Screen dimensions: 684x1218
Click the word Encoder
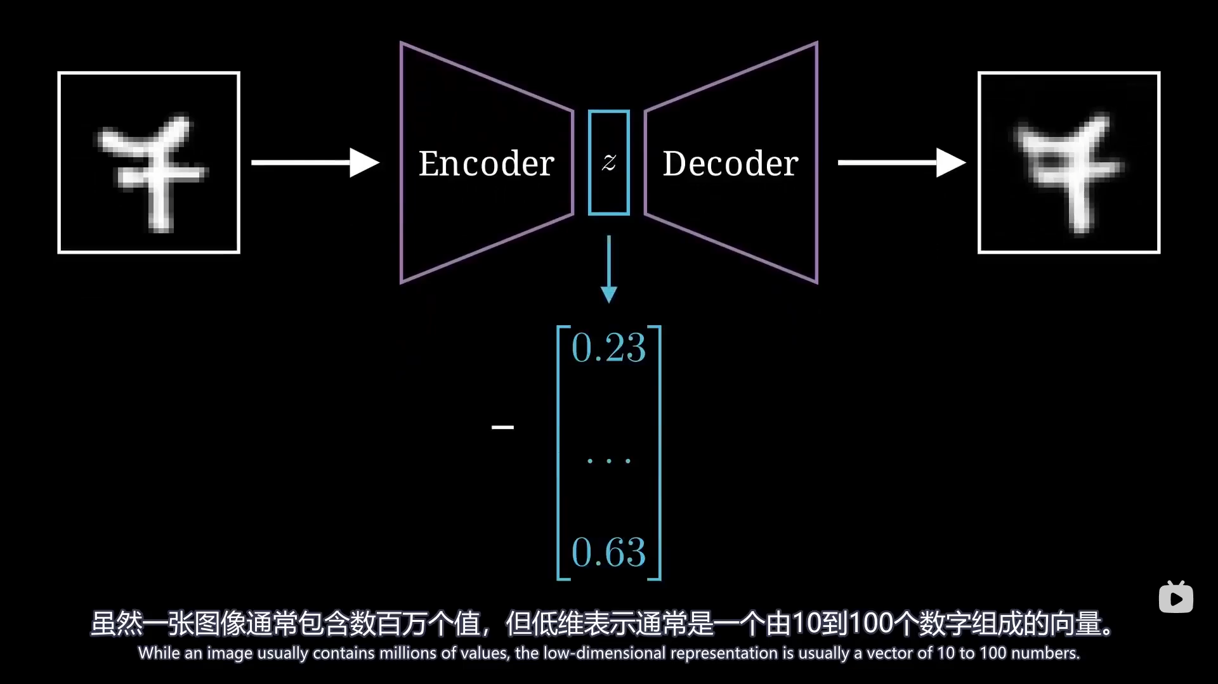click(x=487, y=164)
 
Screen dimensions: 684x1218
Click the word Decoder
click(x=730, y=164)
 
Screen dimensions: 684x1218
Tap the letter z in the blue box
click(x=609, y=163)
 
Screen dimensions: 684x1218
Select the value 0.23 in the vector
click(x=608, y=348)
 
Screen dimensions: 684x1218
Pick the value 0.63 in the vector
click(x=608, y=552)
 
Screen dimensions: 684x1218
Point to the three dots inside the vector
click(x=608, y=461)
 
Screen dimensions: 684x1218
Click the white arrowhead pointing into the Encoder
click(x=364, y=163)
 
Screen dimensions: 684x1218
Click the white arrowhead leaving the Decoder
click(x=950, y=163)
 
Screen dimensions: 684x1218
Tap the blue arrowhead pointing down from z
click(x=609, y=294)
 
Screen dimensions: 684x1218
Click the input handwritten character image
click(x=149, y=163)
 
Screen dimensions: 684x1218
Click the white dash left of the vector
click(x=502, y=427)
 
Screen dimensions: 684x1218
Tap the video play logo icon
click(x=1175, y=598)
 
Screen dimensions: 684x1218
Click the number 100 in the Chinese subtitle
click(x=871, y=623)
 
